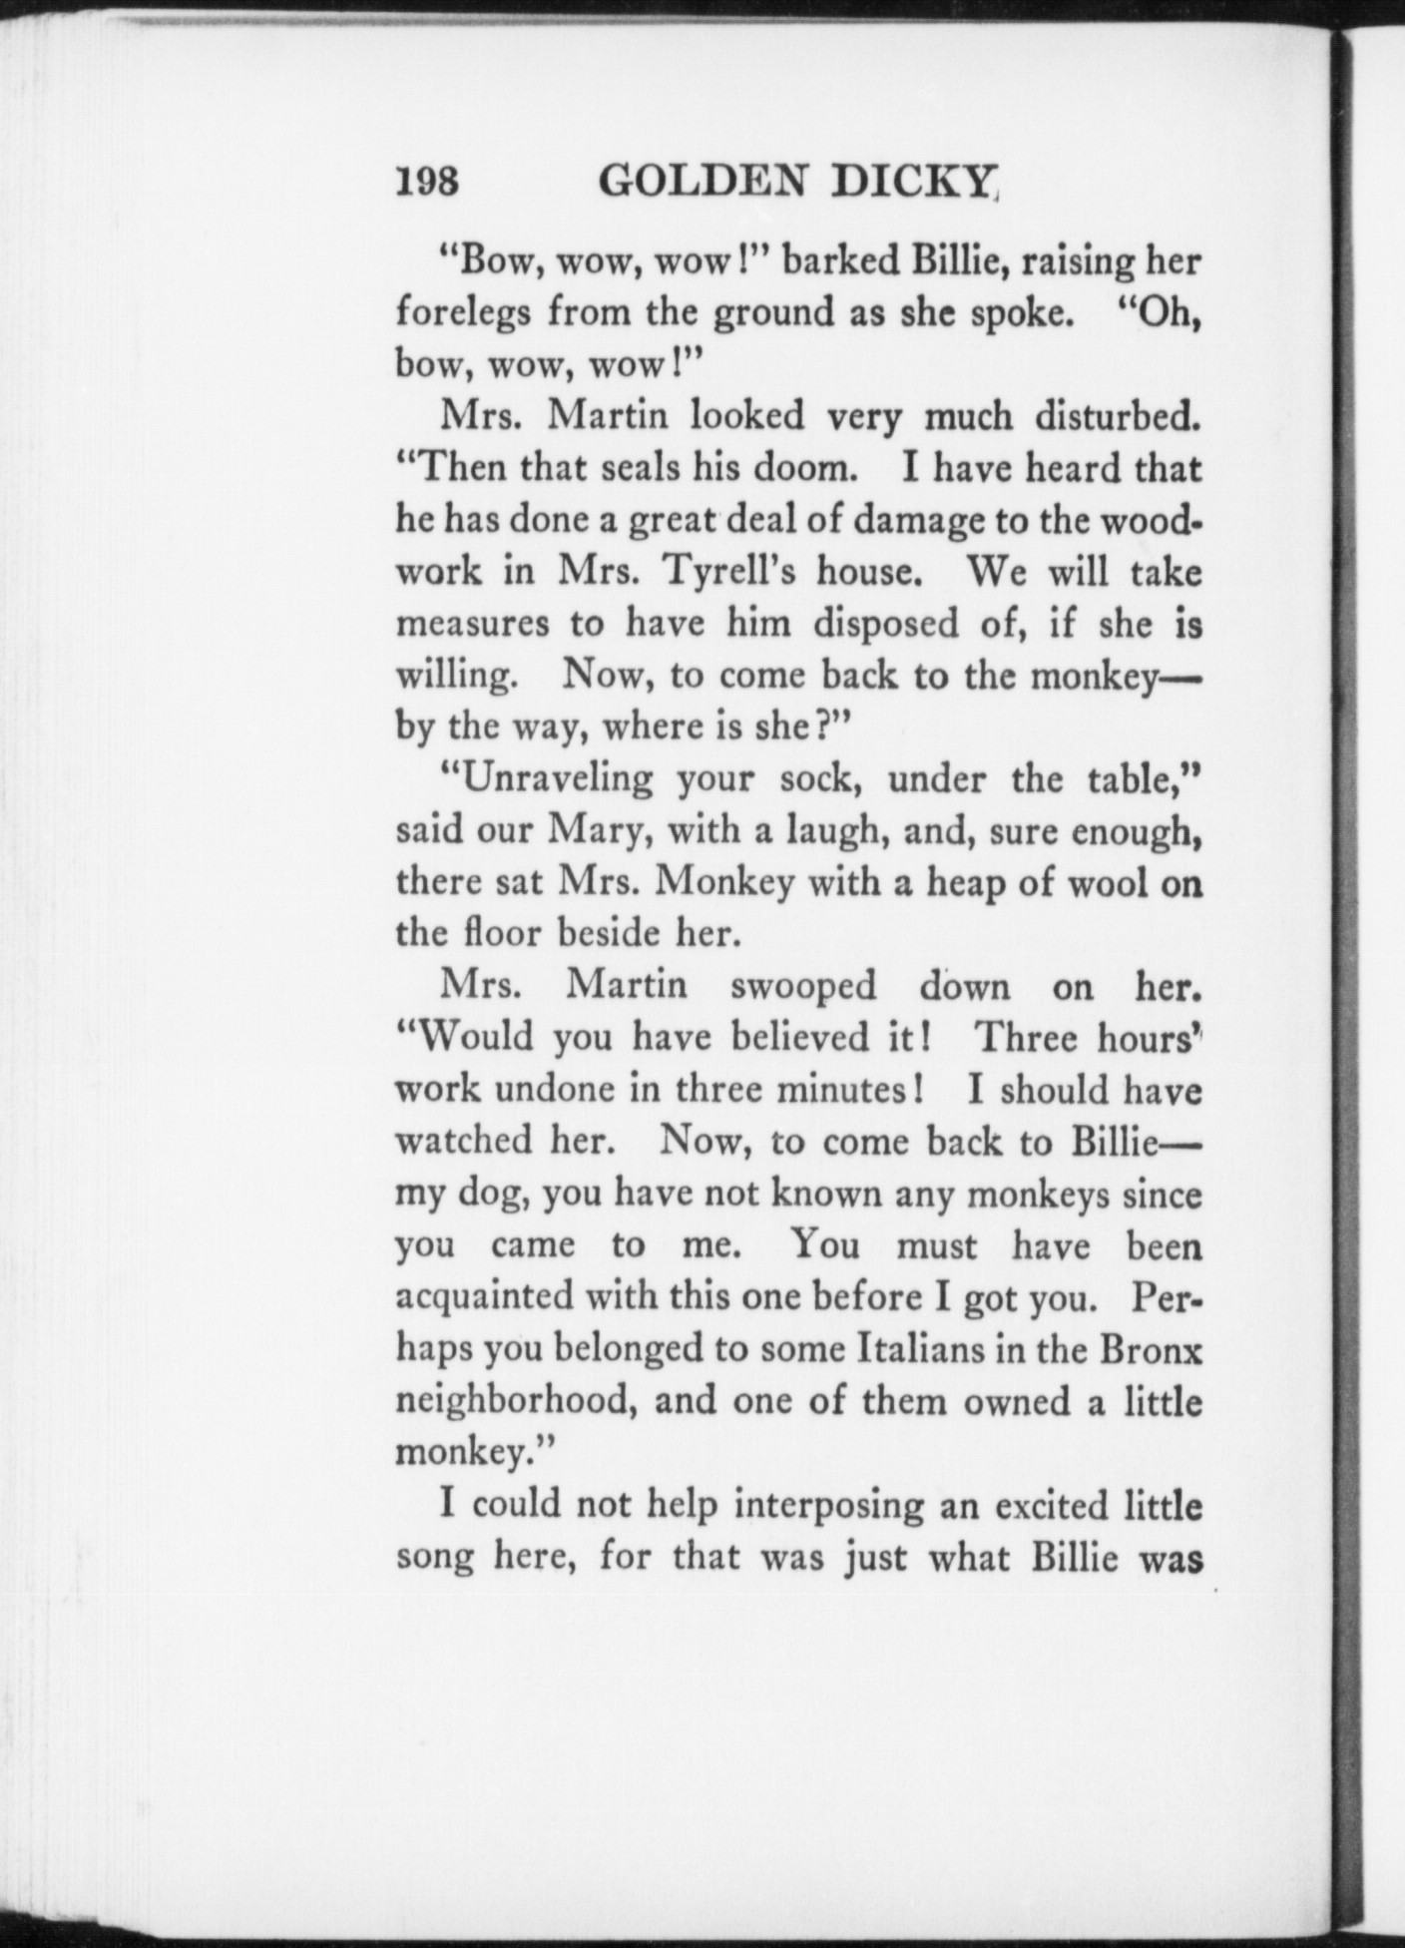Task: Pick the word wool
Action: click(1101, 882)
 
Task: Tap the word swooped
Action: click(803, 986)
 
